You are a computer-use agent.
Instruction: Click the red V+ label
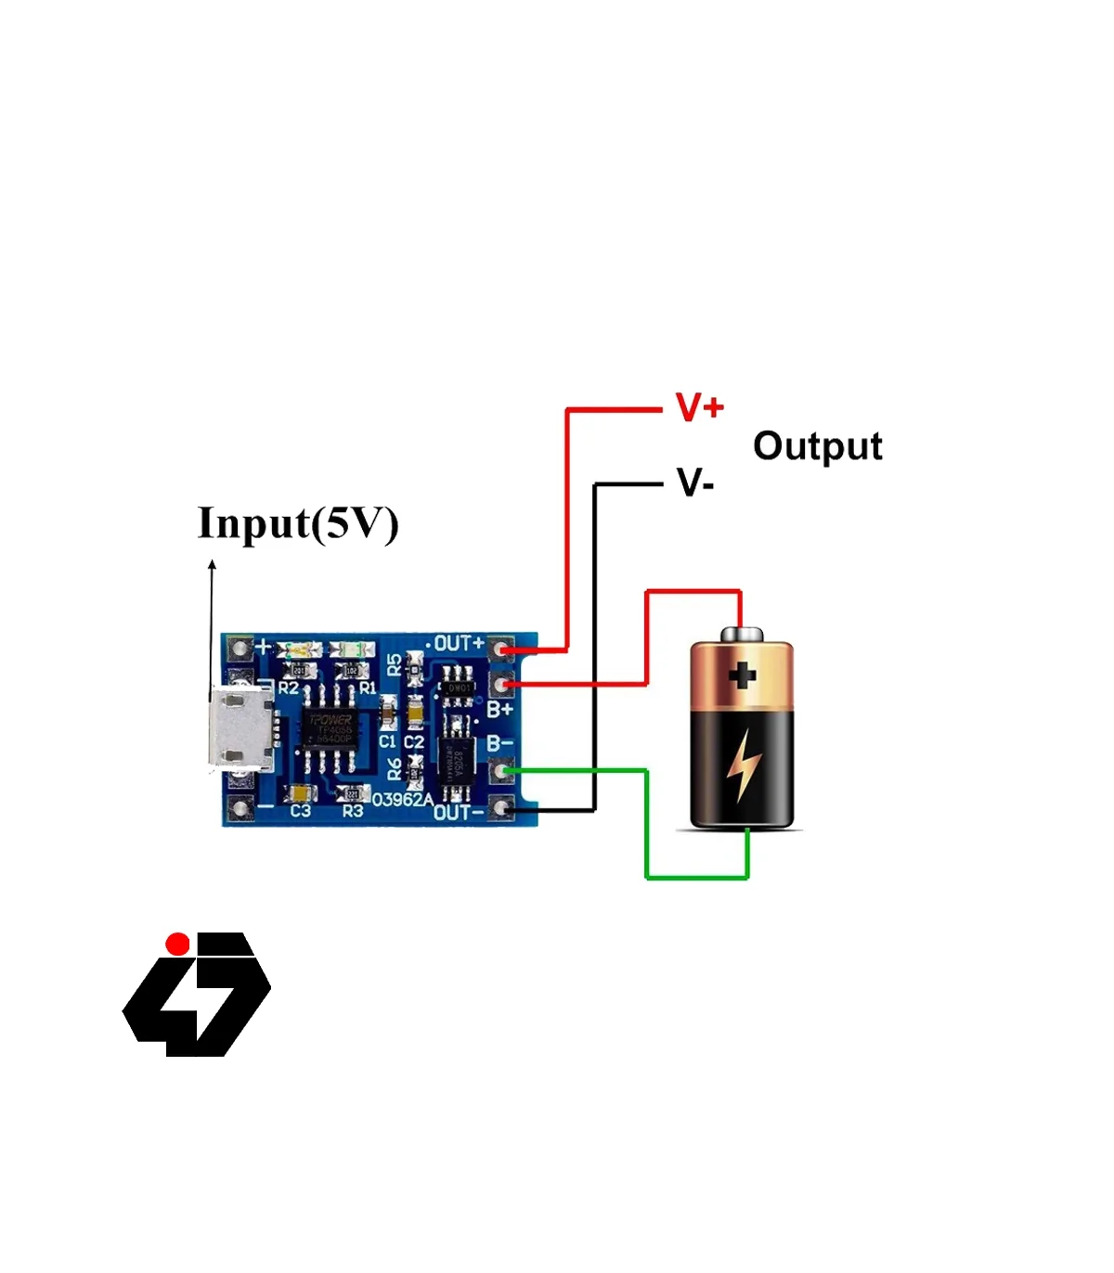tap(699, 407)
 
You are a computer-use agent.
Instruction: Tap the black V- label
tap(695, 483)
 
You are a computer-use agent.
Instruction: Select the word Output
tap(817, 446)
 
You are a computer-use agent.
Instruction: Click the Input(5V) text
tap(298, 523)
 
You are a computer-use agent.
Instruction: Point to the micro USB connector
tap(241, 729)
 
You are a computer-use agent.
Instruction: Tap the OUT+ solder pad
tap(502, 649)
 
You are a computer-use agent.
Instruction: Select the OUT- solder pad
tap(502, 809)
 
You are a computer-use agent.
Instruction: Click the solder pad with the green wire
tap(502, 769)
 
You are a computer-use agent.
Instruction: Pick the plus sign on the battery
tap(742, 675)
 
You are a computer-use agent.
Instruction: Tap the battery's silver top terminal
tap(742, 635)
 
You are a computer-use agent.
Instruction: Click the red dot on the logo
tap(177, 944)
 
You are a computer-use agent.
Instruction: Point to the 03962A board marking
tap(402, 799)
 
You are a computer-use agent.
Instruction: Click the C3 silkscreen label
tap(300, 812)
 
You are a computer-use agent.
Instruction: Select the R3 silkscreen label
tap(353, 812)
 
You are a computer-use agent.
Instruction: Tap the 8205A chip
tap(456, 763)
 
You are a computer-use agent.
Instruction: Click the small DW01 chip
tap(457, 688)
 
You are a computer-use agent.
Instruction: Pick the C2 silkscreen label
tap(414, 741)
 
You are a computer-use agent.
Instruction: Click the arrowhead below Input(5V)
tap(212, 564)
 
